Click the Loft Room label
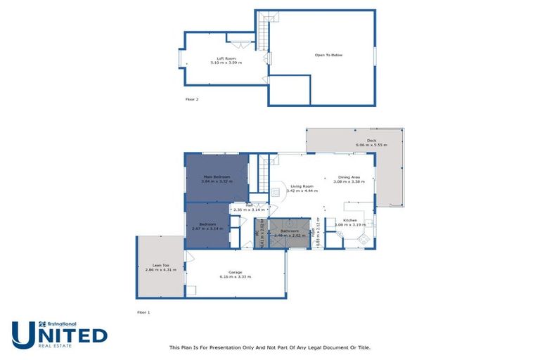[x=226, y=58]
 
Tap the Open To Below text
[x=328, y=55]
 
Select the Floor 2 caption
[x=192, y=99]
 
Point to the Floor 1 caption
[x=143, y=311]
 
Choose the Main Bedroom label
[x=217, y=176]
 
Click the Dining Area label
[x=349, y=177]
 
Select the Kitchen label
[x=350, y=221]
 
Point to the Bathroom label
[x=290, y=231]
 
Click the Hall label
[x=248, y=206]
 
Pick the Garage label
[x=236, y=272]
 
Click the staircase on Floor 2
[x=263, y=32]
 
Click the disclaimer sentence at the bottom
[x=269, y=347]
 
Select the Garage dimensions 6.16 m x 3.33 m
[x=236, y=276]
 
